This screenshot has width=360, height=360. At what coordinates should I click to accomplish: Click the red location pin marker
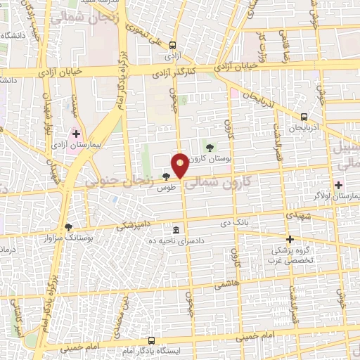181,165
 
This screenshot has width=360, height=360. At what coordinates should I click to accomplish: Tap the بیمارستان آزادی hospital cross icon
76,133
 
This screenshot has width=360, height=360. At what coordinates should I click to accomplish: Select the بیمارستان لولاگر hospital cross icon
339,185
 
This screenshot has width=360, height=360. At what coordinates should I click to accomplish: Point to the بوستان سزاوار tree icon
68,227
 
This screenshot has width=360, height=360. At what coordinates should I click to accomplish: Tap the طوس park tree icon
166,176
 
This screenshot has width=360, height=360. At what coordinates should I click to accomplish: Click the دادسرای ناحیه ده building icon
175,230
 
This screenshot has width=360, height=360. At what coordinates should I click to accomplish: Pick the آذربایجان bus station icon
304,117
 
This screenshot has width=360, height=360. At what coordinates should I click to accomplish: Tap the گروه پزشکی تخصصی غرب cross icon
290,239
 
